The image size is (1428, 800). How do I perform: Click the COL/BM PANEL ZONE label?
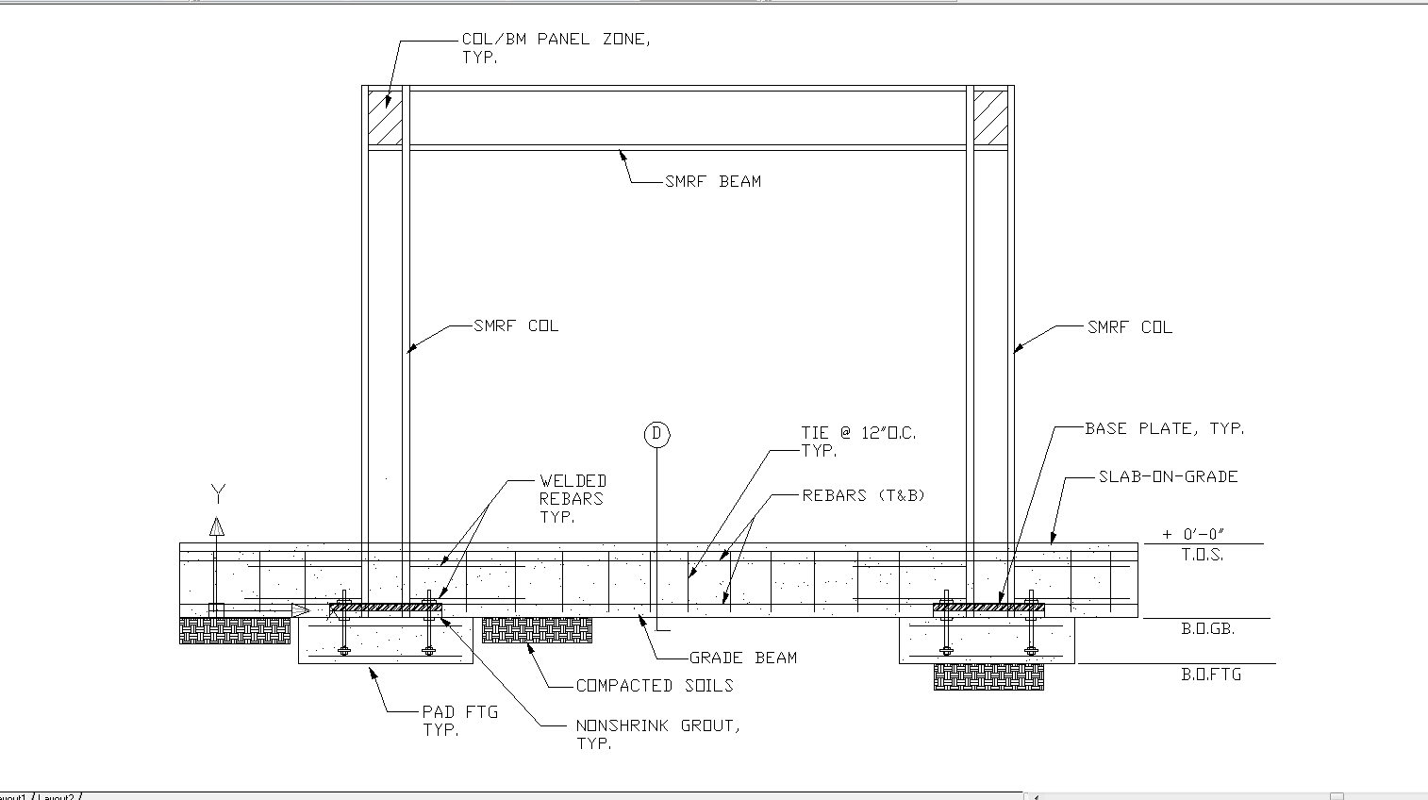(x=555, y=47)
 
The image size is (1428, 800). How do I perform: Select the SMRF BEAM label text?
(x=712, y=181)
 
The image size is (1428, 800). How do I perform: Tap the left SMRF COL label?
(x=516, y=325)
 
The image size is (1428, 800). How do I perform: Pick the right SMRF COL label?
(x=1129, y=327)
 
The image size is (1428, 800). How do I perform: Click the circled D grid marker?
(x=656, y=434)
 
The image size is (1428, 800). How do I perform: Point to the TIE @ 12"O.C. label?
(x=858, y=442)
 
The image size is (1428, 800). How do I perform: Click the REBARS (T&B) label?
(x=863, y=495)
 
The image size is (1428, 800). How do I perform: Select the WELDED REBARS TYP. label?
(x=573, y=498)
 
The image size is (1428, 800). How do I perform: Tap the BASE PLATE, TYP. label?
(x=1164, y=428)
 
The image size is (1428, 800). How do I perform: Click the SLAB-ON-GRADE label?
(x=1168, y=476)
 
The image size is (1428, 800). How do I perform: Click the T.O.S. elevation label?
(x=1202, y=555)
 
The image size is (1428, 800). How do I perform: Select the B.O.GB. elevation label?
(x=1207, y=628)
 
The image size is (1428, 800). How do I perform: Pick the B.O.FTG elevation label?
(x=1211, y=675)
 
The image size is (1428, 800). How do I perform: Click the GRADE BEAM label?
(x=742, y=658)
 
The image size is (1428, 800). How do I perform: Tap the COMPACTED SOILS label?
(x=654, y=686)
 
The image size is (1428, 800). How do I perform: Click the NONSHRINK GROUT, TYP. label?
(x=657, y=734)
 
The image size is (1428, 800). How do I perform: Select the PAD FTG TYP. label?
(x=459, y=721)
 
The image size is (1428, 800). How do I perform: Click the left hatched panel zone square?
(x=385, y=117)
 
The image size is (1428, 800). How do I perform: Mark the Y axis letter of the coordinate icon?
(x=218, y=493)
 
